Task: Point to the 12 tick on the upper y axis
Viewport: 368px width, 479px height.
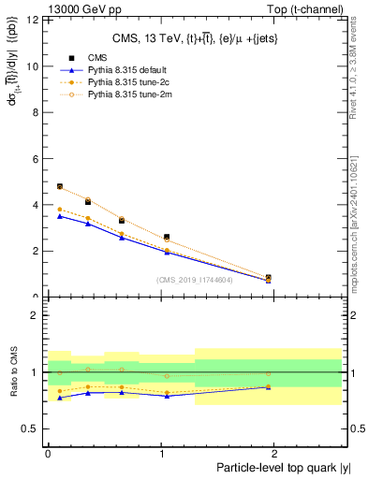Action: [33, 21]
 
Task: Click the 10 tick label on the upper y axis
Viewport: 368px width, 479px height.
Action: [33, 66]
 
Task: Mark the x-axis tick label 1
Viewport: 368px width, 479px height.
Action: [162, 453]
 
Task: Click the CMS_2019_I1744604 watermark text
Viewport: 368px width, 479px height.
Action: [196, 280]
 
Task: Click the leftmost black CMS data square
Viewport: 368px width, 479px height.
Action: [60, 186]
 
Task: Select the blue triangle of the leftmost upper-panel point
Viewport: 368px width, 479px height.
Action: [60, 216]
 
